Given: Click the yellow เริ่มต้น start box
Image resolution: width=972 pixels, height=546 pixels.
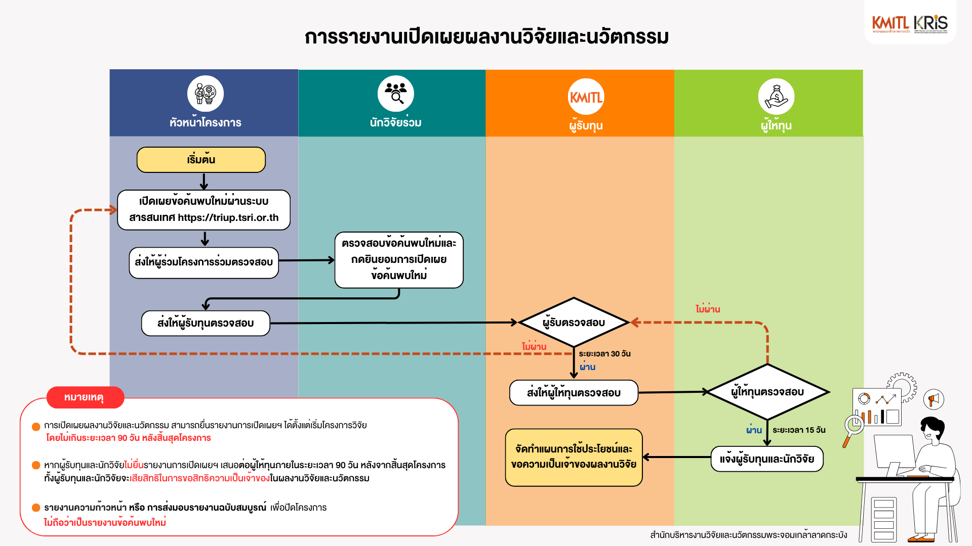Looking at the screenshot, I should click(201, 160).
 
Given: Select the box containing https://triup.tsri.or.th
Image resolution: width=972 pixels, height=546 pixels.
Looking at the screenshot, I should click(204, 210).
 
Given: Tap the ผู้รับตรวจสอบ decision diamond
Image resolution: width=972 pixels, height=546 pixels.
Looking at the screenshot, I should click(574, 323).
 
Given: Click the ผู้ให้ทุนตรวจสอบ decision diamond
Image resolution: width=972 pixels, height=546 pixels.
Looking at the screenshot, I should click(767, 392).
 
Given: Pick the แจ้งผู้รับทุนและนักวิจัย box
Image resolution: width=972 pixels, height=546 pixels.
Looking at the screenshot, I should click(766, 459).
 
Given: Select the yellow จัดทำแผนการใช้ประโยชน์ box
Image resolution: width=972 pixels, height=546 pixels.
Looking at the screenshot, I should click(574, 457).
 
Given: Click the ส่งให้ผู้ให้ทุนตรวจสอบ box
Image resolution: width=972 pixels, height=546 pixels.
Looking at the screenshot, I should click(574, 393).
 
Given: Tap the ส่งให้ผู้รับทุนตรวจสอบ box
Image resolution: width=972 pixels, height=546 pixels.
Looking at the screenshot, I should click(206, 323).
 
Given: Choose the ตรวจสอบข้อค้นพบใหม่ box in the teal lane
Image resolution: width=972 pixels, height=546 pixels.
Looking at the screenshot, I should click(399, 260).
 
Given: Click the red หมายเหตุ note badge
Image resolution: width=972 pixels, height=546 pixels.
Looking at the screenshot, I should click(85, 397).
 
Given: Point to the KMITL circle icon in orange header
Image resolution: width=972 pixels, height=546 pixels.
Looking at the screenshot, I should click(586, 97).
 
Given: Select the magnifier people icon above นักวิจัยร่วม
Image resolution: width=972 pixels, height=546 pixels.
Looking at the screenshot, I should click(395, 94).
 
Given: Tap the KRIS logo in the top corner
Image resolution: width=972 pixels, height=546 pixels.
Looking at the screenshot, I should click(930, 23).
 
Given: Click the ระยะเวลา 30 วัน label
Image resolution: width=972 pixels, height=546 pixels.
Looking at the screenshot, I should click(604, 354).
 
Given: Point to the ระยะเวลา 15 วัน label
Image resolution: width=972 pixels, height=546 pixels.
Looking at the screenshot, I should click(799, 430).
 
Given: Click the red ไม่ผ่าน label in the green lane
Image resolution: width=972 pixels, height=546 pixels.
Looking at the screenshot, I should click(707, 309).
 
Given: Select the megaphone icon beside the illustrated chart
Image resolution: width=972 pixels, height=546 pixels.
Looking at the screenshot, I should click(934, 399).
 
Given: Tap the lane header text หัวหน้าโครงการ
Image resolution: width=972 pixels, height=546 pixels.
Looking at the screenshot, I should click(205, 122).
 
